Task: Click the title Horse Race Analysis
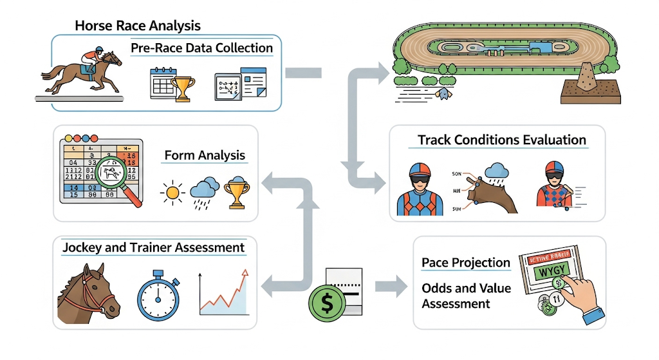(x=138, y=26)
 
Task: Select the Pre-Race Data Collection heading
(x=201, y=48)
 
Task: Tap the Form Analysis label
(x=205, y=155)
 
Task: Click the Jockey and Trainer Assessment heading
(x=153, y=247)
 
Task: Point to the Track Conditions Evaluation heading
(x=501, y=140)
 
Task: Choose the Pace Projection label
(x=466, y=263)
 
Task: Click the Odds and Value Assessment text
(x=466, y=296)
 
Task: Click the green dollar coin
(x=327, y=303)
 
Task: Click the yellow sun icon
(x=173, y=191)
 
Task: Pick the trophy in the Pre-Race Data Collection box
(x=184, y=88)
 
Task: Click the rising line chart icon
(x=223, y=292)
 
